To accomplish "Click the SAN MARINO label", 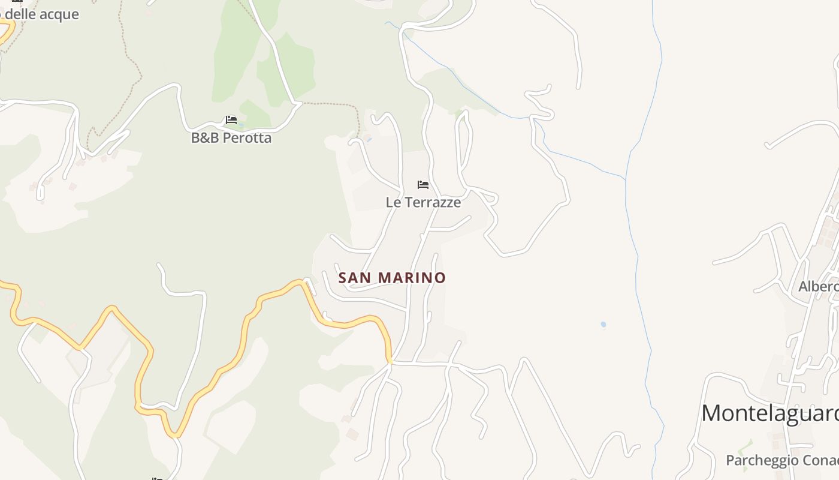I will pos(392,278).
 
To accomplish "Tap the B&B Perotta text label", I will pos(231,138).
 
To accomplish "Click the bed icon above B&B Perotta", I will pos(231,120).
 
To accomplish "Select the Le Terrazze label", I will pos(423,202).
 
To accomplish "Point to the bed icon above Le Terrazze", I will pos(423,184).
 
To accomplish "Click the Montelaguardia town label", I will pos(769,413).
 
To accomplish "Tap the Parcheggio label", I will pos(782,460).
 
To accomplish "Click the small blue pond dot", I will pos(603,325).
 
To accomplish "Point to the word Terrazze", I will pos(432,202).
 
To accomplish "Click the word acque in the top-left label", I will pos(59,14).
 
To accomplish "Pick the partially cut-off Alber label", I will pos(819,287).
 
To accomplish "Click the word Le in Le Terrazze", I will pos(393,202).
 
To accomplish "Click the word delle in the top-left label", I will pos(20,14).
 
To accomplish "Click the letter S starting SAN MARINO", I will pos(343,278).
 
